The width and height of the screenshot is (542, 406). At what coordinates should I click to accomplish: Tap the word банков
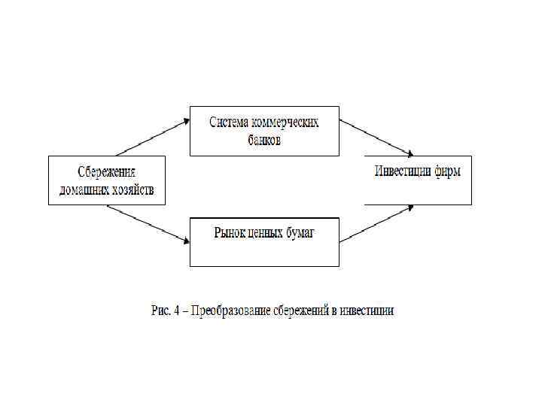point(263,140)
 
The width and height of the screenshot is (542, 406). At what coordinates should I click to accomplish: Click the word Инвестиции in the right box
point(403,171)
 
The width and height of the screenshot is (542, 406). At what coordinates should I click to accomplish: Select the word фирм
point(447,171)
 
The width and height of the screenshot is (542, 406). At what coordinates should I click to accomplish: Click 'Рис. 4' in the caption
point(166,311)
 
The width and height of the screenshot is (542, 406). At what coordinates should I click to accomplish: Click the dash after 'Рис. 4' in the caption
point(185,311)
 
